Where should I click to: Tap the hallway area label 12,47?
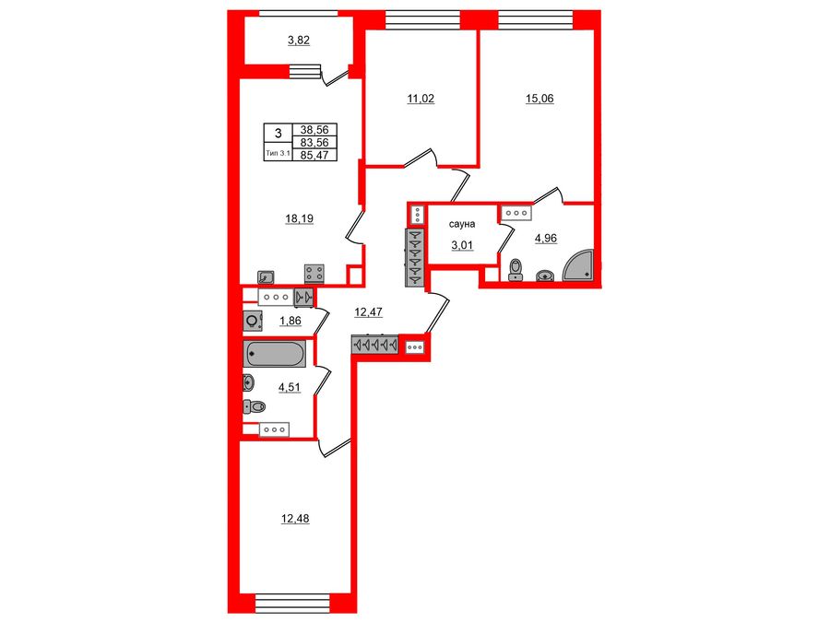coord(368,312)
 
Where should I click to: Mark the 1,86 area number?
coord(290,320)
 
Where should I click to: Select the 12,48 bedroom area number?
coord(295,519)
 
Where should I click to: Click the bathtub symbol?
coord(274,354)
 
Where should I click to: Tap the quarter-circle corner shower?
coord(580,267)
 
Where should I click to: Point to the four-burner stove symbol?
coord(314,274)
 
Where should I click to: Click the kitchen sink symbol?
coord(266,275)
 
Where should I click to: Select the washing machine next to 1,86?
coord(252,321)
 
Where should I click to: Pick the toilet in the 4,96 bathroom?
coord(516,269)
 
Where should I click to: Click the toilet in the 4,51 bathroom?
coord(254,406)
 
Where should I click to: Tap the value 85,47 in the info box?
coord(314,155)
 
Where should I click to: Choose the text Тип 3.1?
coord(278,155)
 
